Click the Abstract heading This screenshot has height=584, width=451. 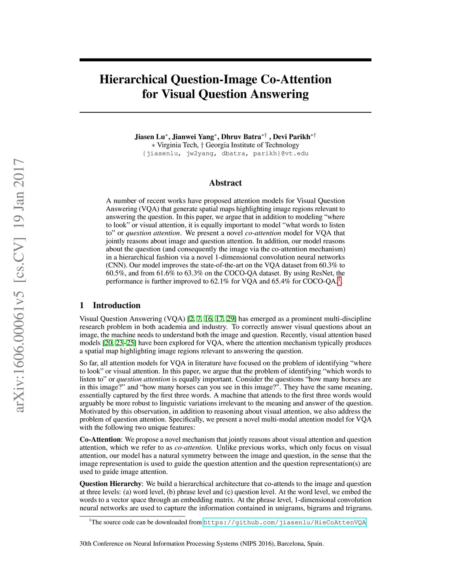225,183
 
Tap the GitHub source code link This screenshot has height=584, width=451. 285,522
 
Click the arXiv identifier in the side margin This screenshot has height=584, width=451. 19,286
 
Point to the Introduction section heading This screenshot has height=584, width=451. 116,305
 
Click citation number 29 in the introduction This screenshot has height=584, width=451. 230,319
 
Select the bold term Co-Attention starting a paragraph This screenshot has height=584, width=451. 100,439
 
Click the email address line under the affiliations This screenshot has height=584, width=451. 225,153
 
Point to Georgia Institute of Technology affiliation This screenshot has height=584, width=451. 252,145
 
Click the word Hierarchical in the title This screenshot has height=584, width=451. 133,79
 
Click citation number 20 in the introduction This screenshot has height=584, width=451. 108,343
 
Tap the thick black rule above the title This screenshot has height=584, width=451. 225,60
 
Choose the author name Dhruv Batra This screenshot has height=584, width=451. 241,137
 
